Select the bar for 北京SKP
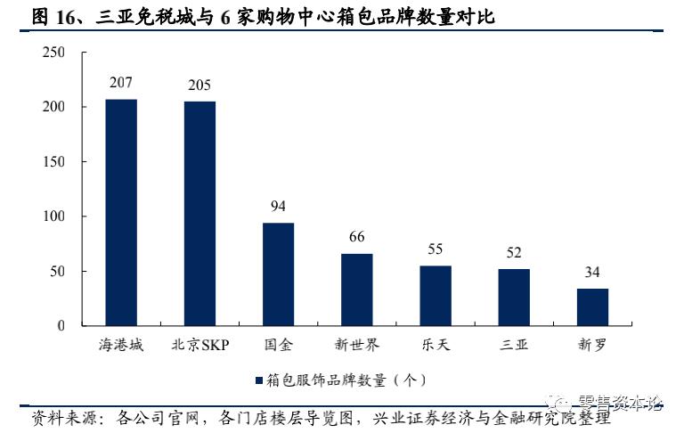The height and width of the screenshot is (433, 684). pos(199,213)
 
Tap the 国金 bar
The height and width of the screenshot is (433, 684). pos(278,274)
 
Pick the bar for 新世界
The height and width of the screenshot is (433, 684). pos(356,290)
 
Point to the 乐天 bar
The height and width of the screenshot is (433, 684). pos(436,295)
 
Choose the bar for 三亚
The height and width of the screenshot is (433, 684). pos(514,297)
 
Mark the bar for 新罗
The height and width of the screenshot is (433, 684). pos(592,306)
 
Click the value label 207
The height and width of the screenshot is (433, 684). pos(121,83)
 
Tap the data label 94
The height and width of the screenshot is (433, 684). pos(278,207)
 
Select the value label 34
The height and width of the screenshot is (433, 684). pos(592,273)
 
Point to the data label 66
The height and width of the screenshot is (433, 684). pos(356,237)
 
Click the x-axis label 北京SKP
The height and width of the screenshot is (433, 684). pos(199,345)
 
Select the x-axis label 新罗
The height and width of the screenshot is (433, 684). pos(592,345)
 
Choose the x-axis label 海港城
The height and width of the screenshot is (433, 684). pos(121,345)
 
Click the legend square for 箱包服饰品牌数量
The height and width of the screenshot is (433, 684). pos(258,380)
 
